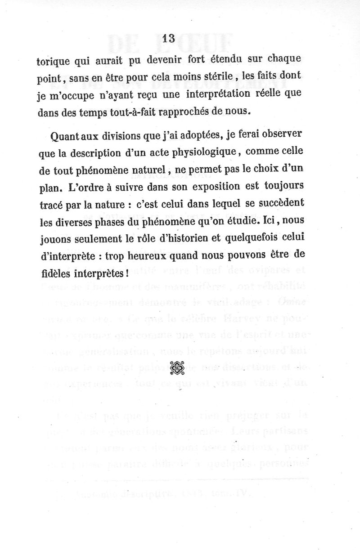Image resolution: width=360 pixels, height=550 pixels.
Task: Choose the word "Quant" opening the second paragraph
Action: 66,137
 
